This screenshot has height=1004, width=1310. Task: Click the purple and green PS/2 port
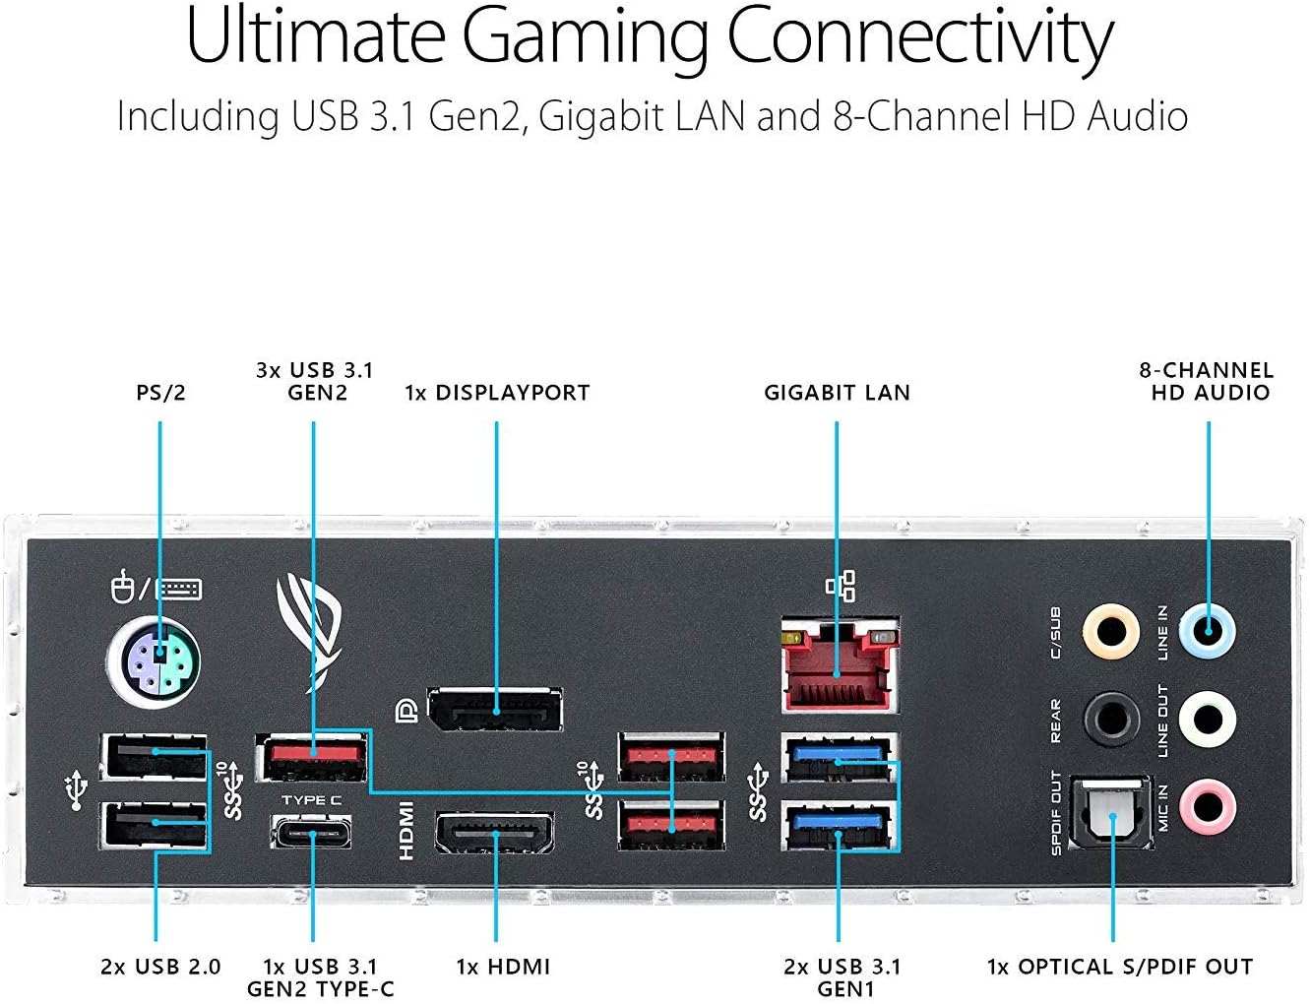[154, 662]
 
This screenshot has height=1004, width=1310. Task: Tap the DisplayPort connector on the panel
[495, 709]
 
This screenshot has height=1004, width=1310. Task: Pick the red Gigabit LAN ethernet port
[839, 667]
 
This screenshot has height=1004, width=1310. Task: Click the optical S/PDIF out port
[1112, 809]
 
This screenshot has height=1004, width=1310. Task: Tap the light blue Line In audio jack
[1208, 631]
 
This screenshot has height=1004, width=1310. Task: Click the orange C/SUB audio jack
[1110, 631]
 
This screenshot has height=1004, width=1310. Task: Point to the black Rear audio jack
[1110, 719]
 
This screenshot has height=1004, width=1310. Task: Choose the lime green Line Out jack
[1208, 719]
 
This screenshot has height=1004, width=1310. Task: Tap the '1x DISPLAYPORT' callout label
[497, 393]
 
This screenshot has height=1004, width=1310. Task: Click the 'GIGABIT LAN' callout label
[838, 393]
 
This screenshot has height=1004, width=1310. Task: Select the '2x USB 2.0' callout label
[160, 967]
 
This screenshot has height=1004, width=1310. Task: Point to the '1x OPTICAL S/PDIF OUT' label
[1120, 967]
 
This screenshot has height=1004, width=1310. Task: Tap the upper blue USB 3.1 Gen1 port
[838, 756]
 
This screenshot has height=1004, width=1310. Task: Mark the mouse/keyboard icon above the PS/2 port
[155, 589]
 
